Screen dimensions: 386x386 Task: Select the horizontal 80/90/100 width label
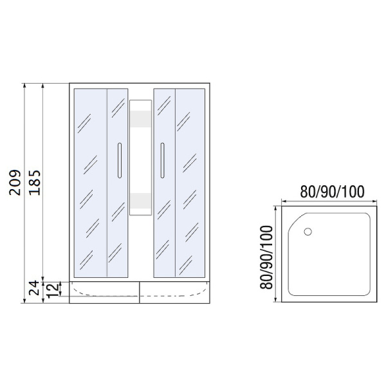click(x=332, y=192)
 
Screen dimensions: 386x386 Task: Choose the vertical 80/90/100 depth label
click(x=265, y=255)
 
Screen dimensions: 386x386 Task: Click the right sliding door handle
click(x=163, y=160)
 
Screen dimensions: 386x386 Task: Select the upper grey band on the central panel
click(x=140, y=120)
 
